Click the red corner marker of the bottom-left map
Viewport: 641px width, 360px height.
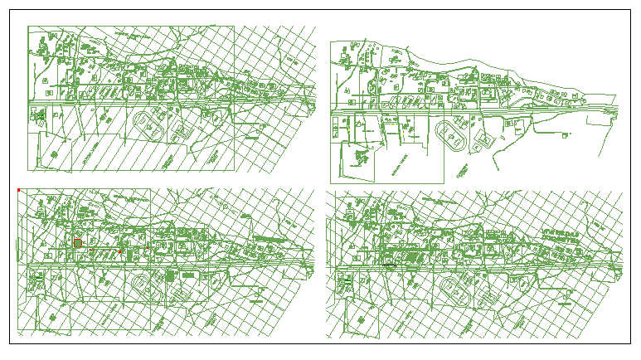(x=18, y=191)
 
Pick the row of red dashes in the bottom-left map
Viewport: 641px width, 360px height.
(x=77, y=241)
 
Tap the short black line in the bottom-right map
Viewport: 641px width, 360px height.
(x=388, y=265)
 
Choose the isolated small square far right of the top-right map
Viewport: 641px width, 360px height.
(x=566, y=135)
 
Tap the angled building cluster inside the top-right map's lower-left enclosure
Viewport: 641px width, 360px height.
(x=361, y=158)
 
